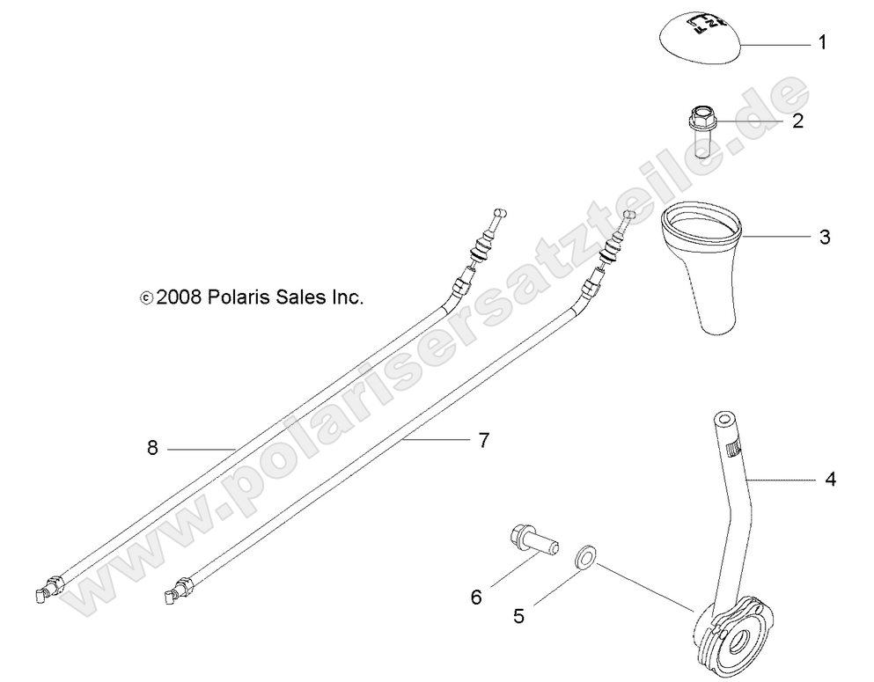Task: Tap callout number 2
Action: click(x=797, y=121)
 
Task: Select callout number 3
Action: click(x=824, y=237)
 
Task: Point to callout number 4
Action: click(x=830, y=480)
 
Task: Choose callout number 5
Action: click(x=519, y=616)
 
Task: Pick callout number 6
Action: click(x=476, y=598)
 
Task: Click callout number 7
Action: click(x=482, y=440)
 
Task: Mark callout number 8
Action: click(x=152, y=448)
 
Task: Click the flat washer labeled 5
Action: click(x=584, y=557)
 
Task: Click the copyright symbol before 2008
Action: click(x=146, y=299)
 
